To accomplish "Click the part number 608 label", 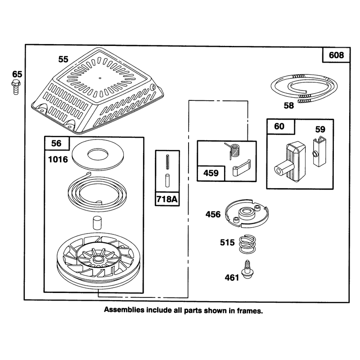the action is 336,55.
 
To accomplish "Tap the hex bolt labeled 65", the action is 16,87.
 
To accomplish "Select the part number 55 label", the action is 63,59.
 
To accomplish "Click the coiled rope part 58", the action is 305,87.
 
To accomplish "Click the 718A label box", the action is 167,199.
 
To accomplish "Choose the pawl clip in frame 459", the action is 241,168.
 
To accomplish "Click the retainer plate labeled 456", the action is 247,213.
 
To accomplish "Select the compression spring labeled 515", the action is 247,244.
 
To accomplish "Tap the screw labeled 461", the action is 247,269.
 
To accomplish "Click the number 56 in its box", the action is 56,144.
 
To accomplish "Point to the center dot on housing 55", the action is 100,78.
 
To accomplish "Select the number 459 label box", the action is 211,173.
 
